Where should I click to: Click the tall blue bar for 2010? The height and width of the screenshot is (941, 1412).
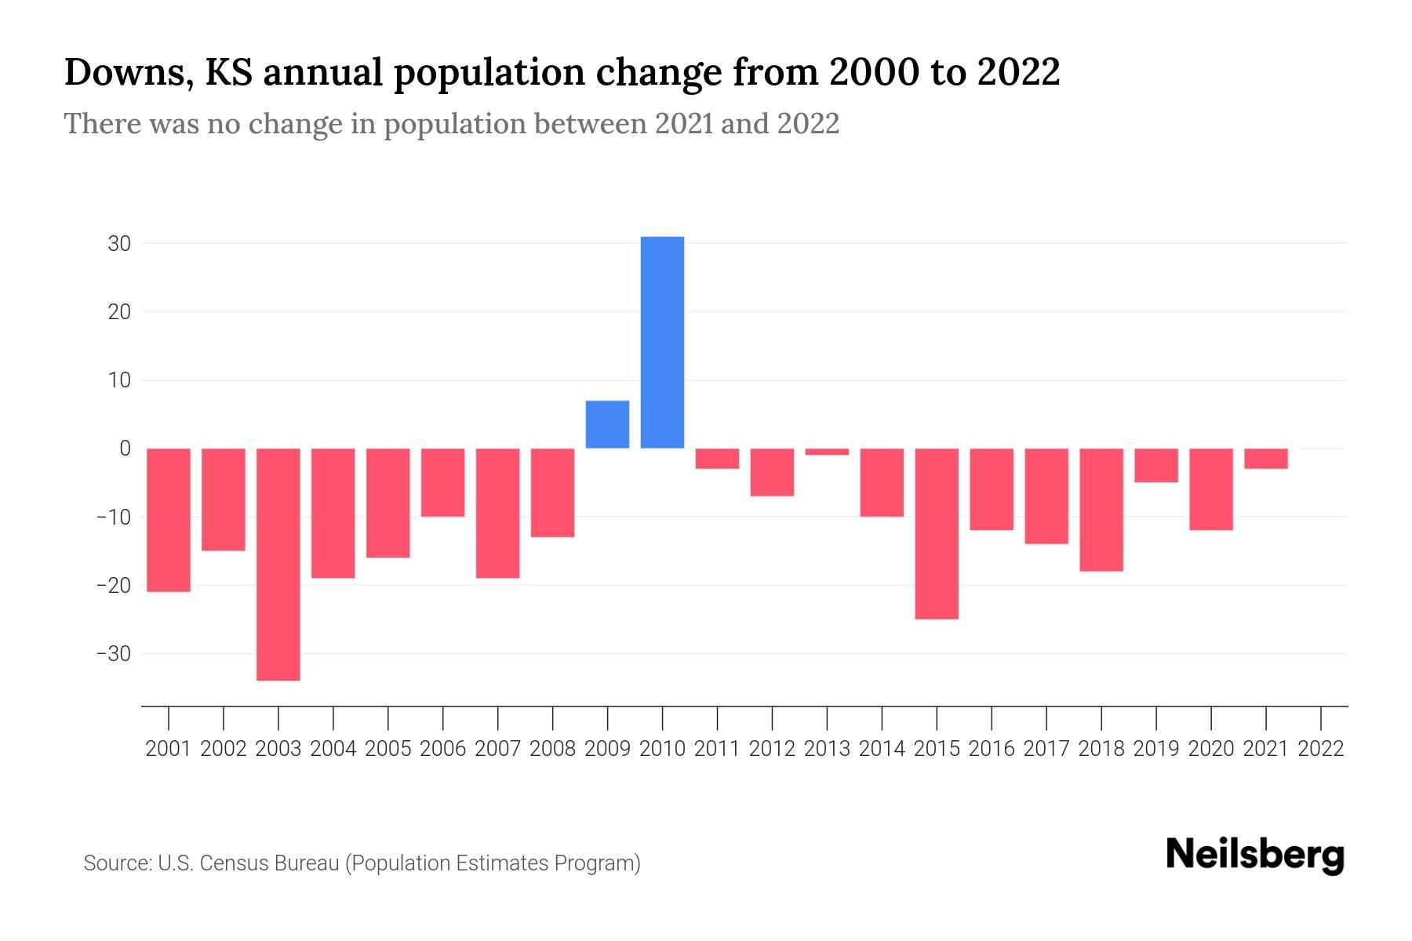pyautogui.click(x=662, y=342)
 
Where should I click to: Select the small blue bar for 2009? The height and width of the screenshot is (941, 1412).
pyautogui.click(x=607, y=424)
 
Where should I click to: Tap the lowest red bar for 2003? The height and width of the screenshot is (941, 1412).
pyautogui.click(x=278, y=565)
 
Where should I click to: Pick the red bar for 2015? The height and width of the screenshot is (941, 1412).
pyautogui.click(x=937, y=533)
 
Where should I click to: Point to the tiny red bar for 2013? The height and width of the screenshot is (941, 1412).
pyautogui.click(x=827, y=452)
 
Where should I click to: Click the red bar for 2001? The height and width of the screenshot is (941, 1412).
pyautogui.click(x=169, y=520)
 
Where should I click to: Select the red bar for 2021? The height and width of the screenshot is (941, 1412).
pyautogui.click(x=1265, y=459)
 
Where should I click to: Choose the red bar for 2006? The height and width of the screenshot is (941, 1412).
pyautogui.click(x=443, y=482)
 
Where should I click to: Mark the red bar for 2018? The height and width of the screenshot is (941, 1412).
pyautogui.click(x=1101, y=510)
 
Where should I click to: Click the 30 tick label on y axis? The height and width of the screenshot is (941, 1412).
pyautogui.click(x=119, y=244)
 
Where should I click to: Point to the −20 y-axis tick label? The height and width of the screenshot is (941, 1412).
pyautogui.click(x=113, y=586)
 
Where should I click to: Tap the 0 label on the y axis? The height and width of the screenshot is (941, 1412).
pyautogui.click(x=125, y=449)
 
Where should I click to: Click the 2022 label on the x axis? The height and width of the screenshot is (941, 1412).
pyautogui.click(x=1321, y=749)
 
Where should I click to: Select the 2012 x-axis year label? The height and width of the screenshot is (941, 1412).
pyautogui.click(x=772, y=749)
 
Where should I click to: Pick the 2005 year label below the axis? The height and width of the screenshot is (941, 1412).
pyautogui.click(x=388, y=749)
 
